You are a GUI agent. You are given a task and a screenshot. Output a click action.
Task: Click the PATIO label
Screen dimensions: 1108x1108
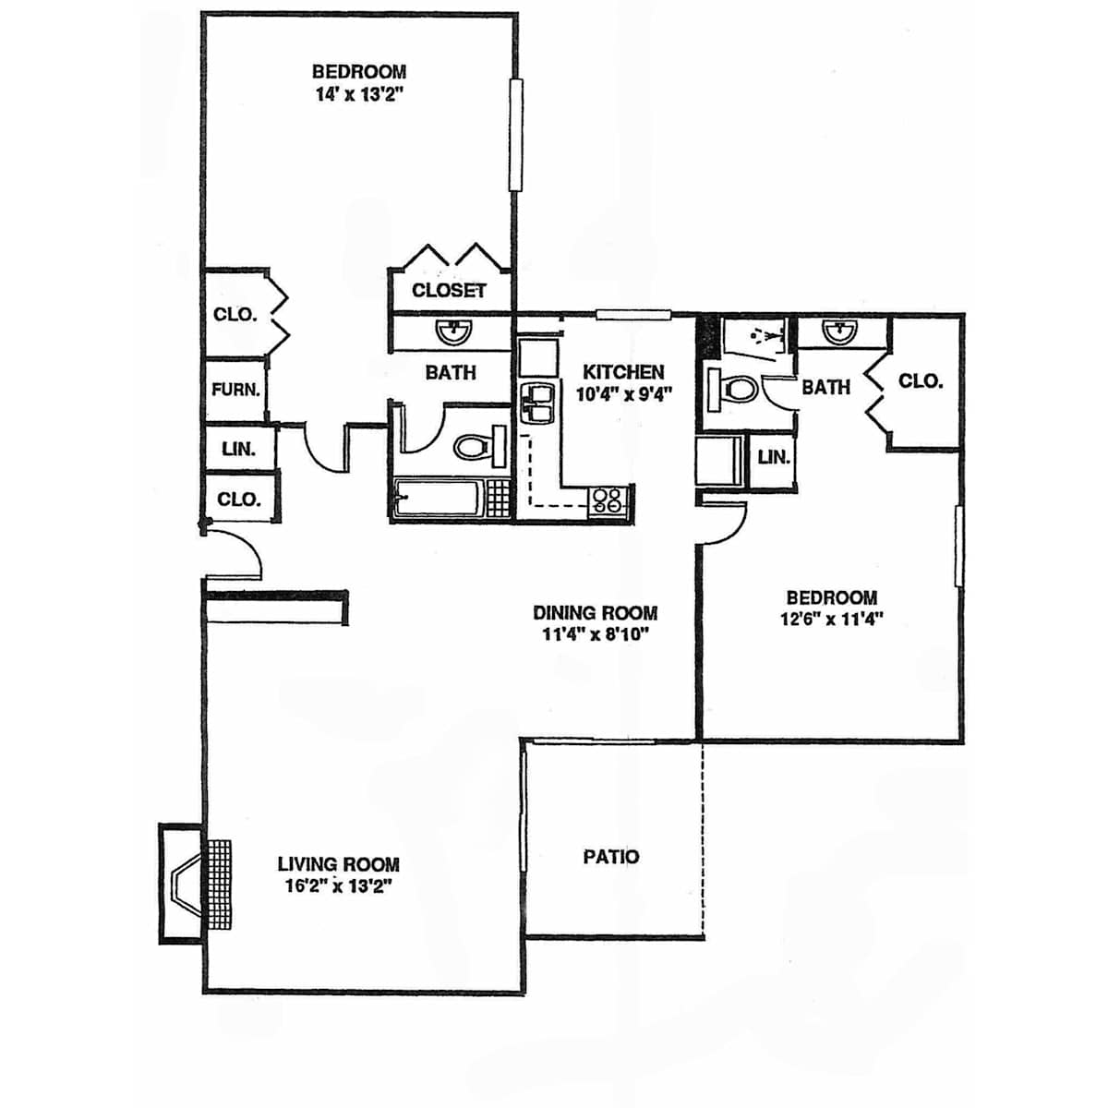pyautogui.click(x=610, y=857)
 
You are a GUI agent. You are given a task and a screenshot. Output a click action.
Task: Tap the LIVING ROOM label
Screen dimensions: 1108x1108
pyautogui.click(x=339, y=863)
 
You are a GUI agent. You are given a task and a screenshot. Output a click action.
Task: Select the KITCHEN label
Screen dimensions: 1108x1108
pyautogui.click(x=623, y=372)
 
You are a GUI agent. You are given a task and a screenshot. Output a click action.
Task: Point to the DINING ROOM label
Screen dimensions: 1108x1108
pyautogui.click(x=596, y=613)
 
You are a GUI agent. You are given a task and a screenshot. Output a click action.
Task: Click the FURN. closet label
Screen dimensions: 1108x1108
pyautogui.click(x=235, y=390)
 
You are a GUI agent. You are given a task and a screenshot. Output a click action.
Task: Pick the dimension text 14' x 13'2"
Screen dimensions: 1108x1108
pyautogui.click(x=357, y=94)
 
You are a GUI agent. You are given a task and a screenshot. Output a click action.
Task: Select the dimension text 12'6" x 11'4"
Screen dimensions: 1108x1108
pyautogui.click(x=831, y=619)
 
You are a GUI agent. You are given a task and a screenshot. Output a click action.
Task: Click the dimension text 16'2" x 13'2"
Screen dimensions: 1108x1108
pyautogui.click(x=339, y=885)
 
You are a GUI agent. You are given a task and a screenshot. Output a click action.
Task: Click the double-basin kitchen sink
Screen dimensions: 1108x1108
pyautogui.click(x=537, y=403)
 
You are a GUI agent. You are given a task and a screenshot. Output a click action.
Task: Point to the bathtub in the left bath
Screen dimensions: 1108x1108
pyautogui.click(x=440, y=498)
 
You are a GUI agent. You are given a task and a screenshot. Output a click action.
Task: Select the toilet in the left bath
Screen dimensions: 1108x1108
pyautogui.click(x=479, y=446)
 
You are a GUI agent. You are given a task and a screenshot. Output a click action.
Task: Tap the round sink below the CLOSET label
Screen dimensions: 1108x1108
pyautogui.click(x=453, y=332)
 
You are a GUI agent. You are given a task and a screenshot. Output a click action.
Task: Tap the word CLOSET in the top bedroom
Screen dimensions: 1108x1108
pyautogui.click(x=449, y=290)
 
